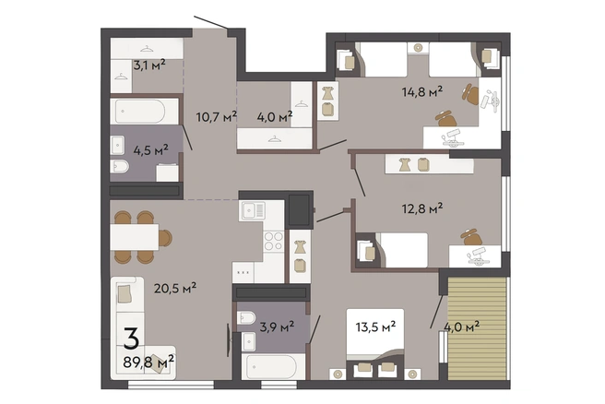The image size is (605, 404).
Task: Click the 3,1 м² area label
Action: [x=149, y=65]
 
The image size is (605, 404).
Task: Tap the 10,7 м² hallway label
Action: [x=216, y=116]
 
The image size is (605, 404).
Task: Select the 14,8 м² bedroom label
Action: [x=422, y=92]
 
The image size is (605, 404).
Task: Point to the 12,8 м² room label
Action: [x=422, y=208]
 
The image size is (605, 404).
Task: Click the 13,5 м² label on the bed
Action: [x=375, y=327]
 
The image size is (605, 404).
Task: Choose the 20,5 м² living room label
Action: [x=175, y=288]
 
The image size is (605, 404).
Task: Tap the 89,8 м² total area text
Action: [x=148, y=362]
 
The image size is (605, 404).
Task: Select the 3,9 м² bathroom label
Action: [x=277, y=327]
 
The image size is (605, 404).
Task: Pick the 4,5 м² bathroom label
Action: [x=150, y=150]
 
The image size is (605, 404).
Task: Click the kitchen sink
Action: [x=253, y=210]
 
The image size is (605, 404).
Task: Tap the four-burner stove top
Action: [x=274, y=241]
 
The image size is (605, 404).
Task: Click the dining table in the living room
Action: [x=135, y=237]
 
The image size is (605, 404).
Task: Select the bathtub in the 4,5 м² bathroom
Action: [x=144, y=111]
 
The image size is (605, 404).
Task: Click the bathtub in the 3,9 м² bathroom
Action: [x=272, y=366]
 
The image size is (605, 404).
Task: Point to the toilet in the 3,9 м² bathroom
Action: [x=246, y=318]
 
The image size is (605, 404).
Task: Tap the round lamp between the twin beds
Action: [x=418, y=48]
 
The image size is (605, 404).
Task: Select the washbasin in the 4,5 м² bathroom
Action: [x=117, y=145]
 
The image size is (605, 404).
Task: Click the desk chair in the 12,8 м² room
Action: [x=471, y=236]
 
